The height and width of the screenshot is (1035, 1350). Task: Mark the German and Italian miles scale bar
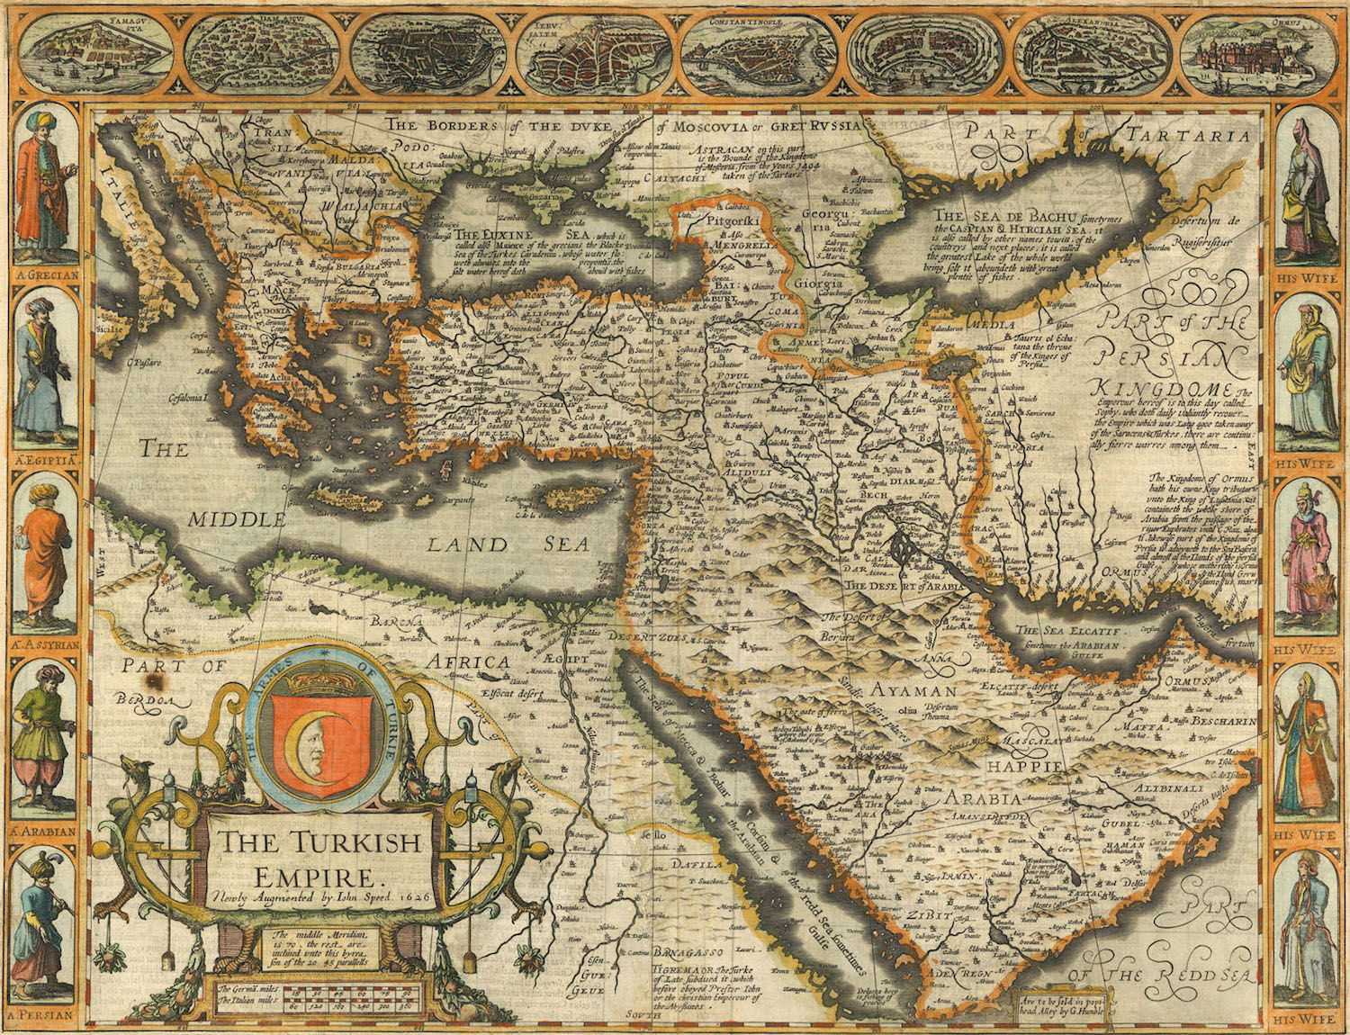pyautogui.click(x=310, y=997)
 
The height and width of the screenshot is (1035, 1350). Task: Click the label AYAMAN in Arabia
pyautogui.click(x=913, y=691)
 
